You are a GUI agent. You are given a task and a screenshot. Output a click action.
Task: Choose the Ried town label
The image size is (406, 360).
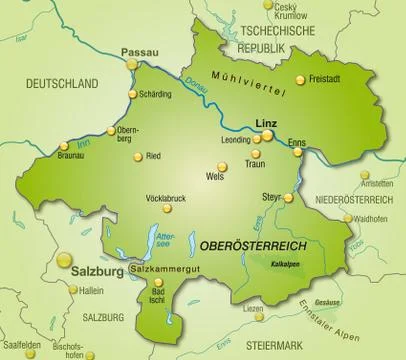(153, 156)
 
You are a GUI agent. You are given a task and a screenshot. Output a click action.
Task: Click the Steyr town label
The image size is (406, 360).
(271, 196)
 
